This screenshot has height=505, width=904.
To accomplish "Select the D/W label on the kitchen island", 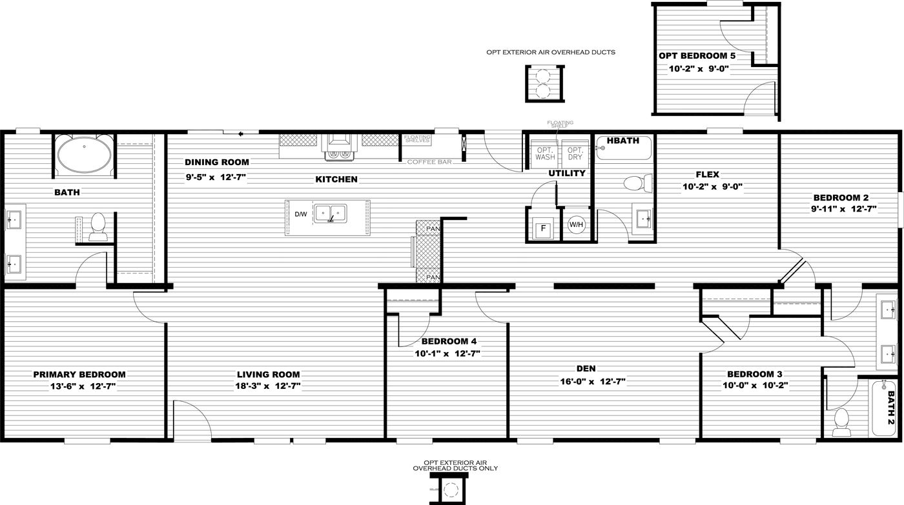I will click(x=301, y=214).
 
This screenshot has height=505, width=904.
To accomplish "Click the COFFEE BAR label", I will click(x=429, y=162).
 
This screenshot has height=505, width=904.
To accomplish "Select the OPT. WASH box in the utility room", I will click(x=544, y=153).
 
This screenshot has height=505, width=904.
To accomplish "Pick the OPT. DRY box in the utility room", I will click(x=575, y=153).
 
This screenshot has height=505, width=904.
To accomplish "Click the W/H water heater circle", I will click(x=576, y=224).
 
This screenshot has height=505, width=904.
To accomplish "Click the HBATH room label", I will click(x=622, y=141).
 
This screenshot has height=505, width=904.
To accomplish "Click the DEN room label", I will click(x=586, y=368).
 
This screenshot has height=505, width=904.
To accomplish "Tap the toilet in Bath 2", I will click(x=840, y=421).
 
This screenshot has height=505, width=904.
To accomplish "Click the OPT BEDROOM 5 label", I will click(x=697, y=56).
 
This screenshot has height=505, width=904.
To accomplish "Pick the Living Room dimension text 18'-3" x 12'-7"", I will click(x=268, y=386).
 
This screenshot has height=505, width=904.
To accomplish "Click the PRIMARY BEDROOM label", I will click(x=79, y=374).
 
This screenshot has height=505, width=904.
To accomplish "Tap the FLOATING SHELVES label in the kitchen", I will click(x=417, y=139).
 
